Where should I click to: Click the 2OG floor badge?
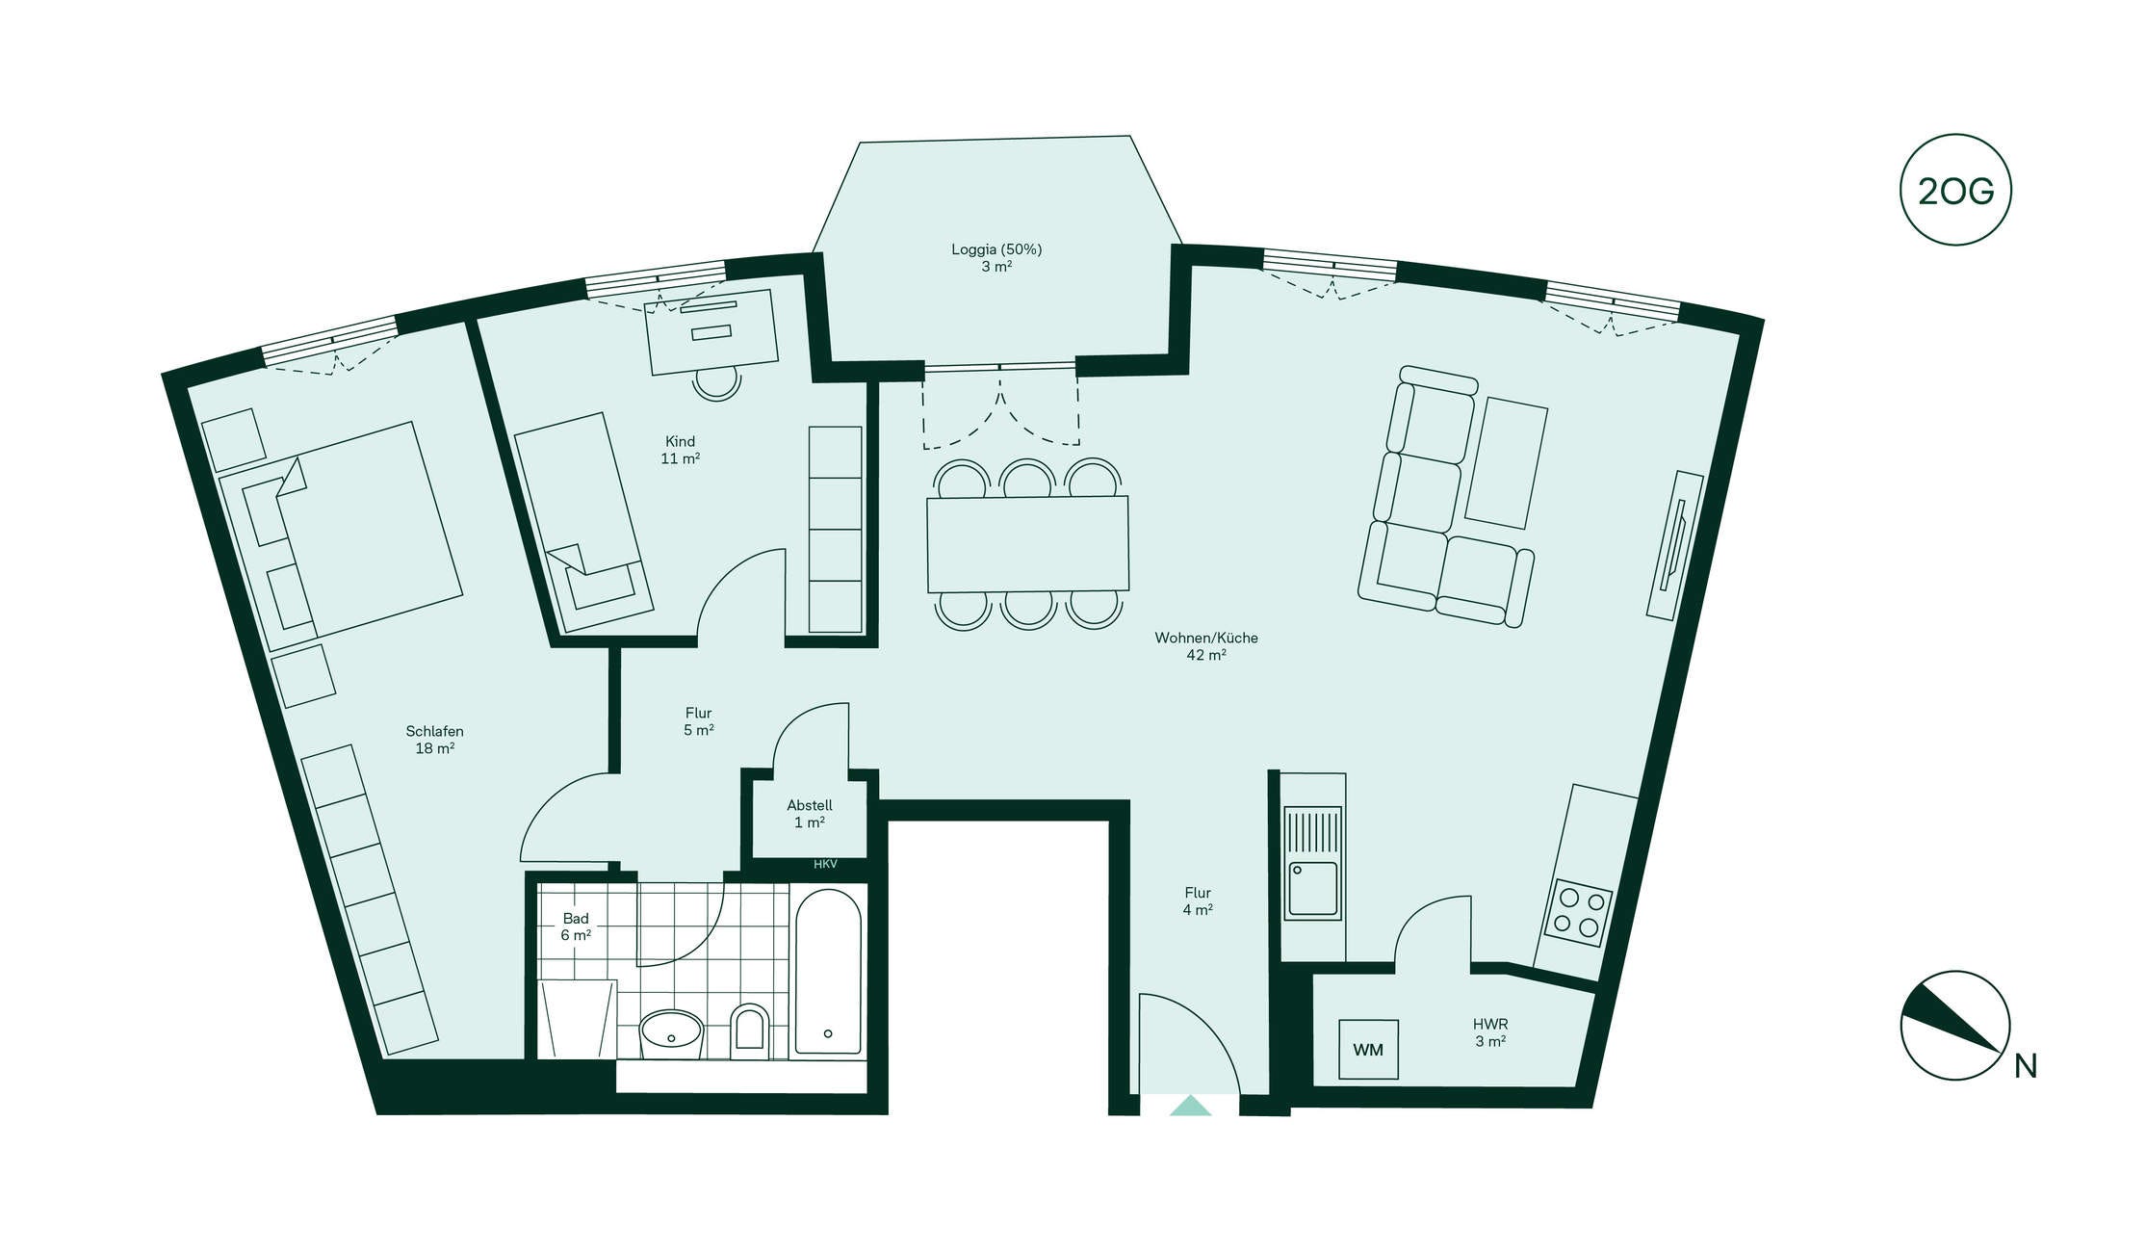(1955, 190)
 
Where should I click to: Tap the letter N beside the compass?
(2026, 1066)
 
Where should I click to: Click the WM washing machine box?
(1368, 1050)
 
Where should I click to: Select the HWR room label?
(1490, 1032)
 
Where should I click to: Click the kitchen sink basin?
(1313, 890)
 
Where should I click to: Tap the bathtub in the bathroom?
(828, 972)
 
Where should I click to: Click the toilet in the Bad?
(750, 1031)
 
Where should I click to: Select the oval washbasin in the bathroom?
(671, 1033)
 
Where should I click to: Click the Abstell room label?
(810, 814)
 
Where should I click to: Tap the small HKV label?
(825, 864)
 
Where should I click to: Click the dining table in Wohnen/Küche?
(1027, 544)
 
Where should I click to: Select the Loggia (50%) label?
(996, 257)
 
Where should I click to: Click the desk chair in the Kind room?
(717, 383)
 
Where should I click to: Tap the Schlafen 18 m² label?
(435, 740)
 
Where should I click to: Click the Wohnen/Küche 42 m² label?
(1206, 646)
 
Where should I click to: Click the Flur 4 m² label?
(1198, 900)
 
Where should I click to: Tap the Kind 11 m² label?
(680, 450)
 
